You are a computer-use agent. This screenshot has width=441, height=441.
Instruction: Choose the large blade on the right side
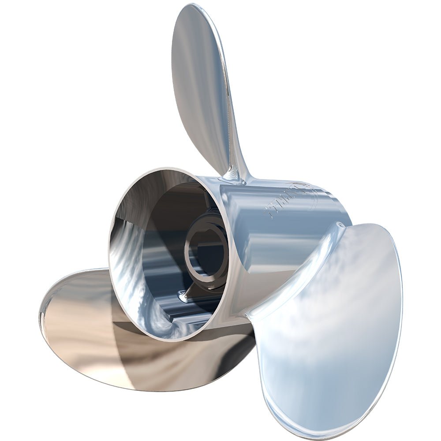(335, 318)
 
